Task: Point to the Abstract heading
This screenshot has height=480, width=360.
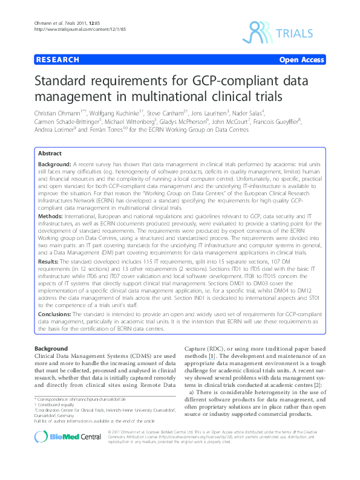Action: (50, 154)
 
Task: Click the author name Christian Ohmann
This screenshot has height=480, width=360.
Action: (59, 112)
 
